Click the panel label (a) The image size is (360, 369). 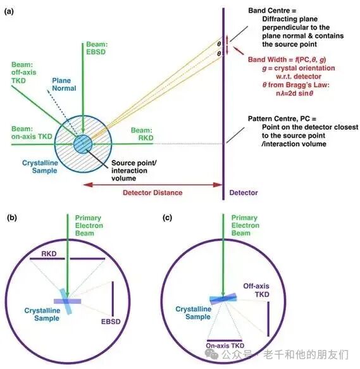(9, 11)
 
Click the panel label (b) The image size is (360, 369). (12, 218)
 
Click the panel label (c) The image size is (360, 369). (167, 218)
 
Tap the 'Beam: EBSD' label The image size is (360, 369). (97, 48)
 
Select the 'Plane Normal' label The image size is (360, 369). (64, 84)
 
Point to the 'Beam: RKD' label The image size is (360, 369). (142, 134)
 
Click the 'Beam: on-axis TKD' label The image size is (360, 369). (32, 132)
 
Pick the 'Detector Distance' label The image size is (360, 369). (152, 192)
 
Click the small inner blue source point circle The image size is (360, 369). (83, 144)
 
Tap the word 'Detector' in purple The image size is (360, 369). (244, 192)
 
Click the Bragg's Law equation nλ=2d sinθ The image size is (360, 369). (295, 94)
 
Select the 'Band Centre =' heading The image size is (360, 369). (272, 11)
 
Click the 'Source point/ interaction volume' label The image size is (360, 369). (134, 170)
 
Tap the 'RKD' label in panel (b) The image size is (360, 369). (49, 254)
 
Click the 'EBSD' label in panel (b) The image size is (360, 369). (111, 322)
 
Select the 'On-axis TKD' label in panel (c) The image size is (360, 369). (225, 346)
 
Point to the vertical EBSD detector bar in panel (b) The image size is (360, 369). (113, 299)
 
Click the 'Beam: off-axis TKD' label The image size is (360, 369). (24, 73)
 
